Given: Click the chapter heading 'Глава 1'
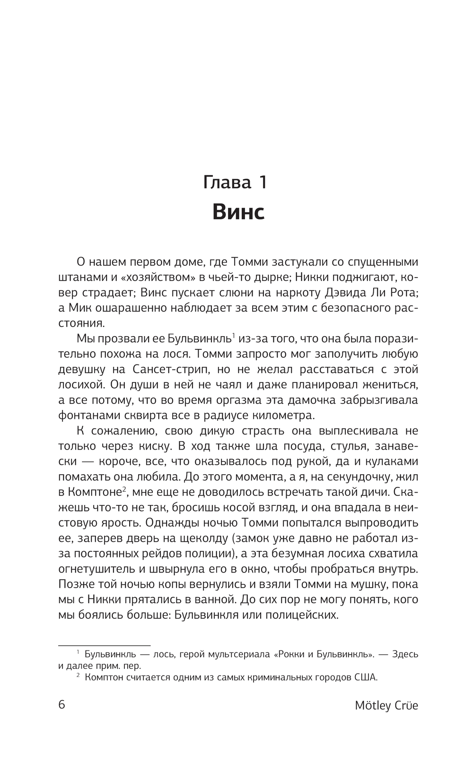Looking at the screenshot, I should (235, 182).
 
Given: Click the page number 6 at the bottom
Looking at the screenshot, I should (61, 704).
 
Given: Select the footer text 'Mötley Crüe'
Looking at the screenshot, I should (386, 705).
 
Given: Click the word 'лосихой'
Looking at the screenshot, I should (83, 385).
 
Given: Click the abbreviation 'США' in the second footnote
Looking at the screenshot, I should (366, 677).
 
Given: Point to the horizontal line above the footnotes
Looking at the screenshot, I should (104, 644).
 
